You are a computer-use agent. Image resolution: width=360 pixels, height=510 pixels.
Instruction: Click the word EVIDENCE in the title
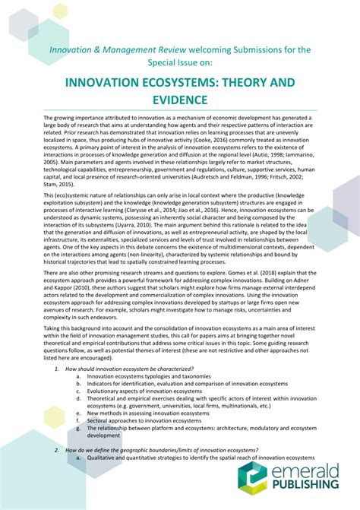click(x=179, y=100)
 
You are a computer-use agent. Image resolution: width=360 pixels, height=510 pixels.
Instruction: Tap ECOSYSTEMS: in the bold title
click(x=175, y=81)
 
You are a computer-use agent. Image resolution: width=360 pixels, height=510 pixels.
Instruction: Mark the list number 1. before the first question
click(x=58, y=368)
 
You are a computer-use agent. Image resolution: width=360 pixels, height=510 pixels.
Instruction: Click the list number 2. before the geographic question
click(x=58, y=450)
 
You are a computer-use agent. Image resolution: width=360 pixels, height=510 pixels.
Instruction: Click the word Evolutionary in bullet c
click(x=103, y=390)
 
